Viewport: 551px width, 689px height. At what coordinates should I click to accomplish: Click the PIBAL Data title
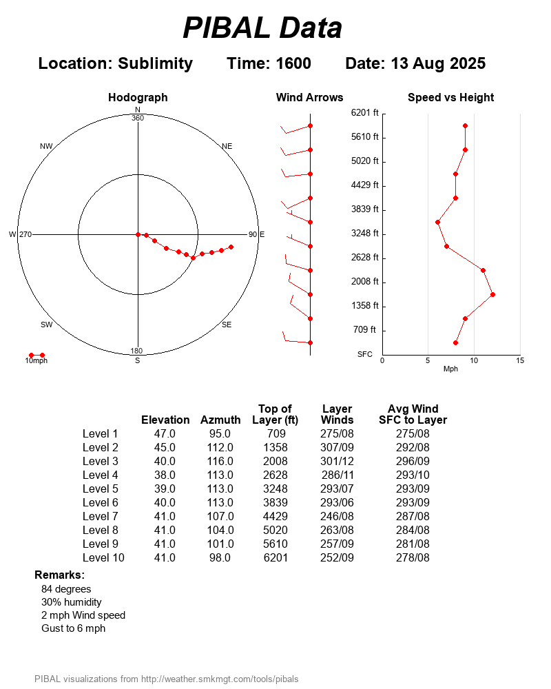(x=262, y=28)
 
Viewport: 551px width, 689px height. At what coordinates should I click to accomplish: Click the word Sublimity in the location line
(x=155, y=63)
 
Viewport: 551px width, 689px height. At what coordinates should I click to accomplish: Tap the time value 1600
(x=293, y=63)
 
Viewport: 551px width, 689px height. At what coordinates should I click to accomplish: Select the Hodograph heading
(x=138, y=98)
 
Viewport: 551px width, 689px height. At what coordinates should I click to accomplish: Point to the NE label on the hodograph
(x=227, y=146)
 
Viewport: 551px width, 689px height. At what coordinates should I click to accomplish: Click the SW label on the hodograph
(x=47, y=325)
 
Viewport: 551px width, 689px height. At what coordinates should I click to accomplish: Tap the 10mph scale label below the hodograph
(x=37, y=361)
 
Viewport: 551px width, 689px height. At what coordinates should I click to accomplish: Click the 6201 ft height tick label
(x=364, y=112)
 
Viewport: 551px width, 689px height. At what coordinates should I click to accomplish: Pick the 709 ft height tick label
(x=364, y=329)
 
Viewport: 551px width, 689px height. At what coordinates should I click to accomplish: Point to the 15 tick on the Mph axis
(x=520, y=360)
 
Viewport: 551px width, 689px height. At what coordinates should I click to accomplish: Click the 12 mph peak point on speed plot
(x=492, y=294)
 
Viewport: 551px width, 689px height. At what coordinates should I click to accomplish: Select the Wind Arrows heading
(x=309, y=98)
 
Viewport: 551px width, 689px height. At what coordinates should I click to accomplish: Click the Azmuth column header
(x=220, y=420)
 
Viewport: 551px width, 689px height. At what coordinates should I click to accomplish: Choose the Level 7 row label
(x=101, y=516)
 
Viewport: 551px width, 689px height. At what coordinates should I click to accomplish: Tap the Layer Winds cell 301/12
(x=337, y=461)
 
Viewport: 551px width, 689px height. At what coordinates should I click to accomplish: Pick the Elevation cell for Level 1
(x=165, y=433)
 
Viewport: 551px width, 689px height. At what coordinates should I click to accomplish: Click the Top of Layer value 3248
(x=275, y=489)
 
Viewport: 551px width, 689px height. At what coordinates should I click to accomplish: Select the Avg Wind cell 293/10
(x=413, y=475)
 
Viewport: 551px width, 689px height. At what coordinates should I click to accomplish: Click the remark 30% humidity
(x=72, y=602)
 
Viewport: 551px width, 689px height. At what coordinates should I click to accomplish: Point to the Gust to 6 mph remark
(x=73, y=628)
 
